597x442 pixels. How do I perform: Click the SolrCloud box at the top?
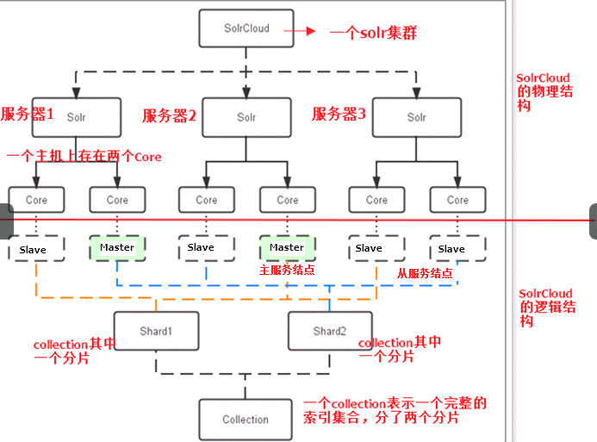[x=246, y=28]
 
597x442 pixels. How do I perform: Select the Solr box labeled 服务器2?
[x=246, y=117]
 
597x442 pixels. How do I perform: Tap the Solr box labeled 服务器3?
[x=417, y=117]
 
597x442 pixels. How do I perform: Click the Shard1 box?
[x=156, y=331]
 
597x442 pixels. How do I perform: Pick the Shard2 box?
[x=330, y=331]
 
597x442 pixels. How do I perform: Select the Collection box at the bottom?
[x=246, y=420]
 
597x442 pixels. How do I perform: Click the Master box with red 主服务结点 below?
[x=288, y=248]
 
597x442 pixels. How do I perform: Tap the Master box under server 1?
[x=117, y=248]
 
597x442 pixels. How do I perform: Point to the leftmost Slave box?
[x=36, y=248]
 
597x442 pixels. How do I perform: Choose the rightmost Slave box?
[x=457, y=248]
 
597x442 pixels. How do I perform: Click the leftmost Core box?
[x=36, y=200]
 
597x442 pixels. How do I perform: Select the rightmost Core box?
[x=457, y=200]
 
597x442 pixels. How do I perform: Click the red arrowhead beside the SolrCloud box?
[x=311, y=31]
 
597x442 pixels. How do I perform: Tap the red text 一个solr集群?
[x=373, y=33]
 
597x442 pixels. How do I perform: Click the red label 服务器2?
[x=170, y=115]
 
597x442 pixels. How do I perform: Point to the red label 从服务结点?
[x=425, y=273]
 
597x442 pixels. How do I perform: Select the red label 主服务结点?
[x=287, y=270]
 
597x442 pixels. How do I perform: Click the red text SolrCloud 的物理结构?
[x=544, y=91]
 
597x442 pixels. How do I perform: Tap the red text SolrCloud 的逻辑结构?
[x=547, y=308]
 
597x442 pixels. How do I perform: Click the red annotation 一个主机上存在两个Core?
[x=84, y=156]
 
